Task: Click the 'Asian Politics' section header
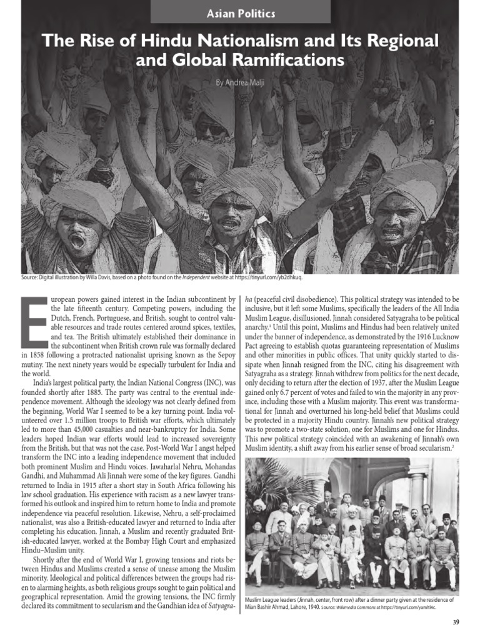(x=240, y=11)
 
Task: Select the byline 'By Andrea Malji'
(x=240, y=82)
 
